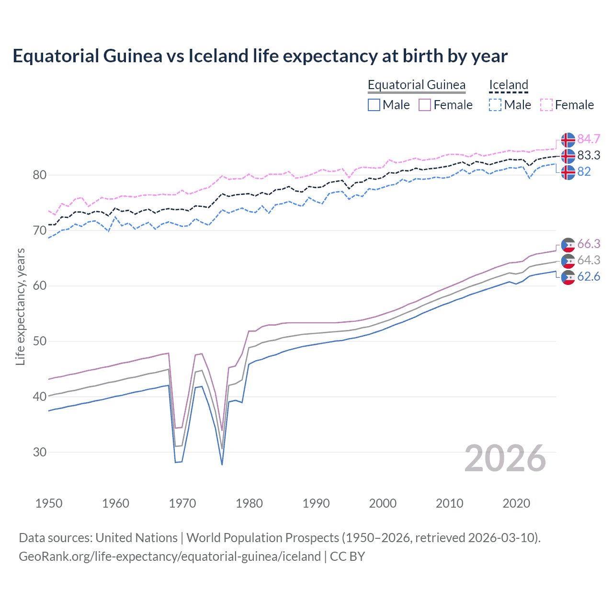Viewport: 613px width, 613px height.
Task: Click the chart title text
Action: tap(260, 56)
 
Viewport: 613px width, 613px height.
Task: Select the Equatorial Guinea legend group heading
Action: tap(416, 85)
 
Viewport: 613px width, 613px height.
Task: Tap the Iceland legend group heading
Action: tap(508, 85)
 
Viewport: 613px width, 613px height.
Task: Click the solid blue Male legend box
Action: tap(374, 105)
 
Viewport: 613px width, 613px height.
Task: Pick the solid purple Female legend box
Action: tap(425, 105)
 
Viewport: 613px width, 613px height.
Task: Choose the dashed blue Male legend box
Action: tap(495, 105)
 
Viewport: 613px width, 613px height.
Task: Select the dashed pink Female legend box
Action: tap(546, 105)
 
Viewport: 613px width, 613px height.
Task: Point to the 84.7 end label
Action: tap(589, 139)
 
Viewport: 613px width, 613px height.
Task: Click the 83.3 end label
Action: tap(589, 155)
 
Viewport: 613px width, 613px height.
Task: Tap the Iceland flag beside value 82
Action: tap(568, 172)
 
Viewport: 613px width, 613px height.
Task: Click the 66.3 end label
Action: tap(589, 244)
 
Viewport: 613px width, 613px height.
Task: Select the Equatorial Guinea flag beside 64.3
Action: tap(568, 261)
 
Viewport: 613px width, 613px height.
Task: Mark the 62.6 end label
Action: tap(589, 276)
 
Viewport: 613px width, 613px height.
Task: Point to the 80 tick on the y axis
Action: tap(40, 175)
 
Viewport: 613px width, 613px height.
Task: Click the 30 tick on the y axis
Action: tap(40, 452)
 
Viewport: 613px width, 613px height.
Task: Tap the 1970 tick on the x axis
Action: tap(182, 503)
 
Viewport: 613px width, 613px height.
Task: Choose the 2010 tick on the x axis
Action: tap(449, 503)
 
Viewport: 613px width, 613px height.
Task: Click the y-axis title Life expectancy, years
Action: tap(20, 306)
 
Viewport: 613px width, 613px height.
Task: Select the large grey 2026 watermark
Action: tap(505, 459)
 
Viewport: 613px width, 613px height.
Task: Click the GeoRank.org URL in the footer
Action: tap(170, 556)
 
